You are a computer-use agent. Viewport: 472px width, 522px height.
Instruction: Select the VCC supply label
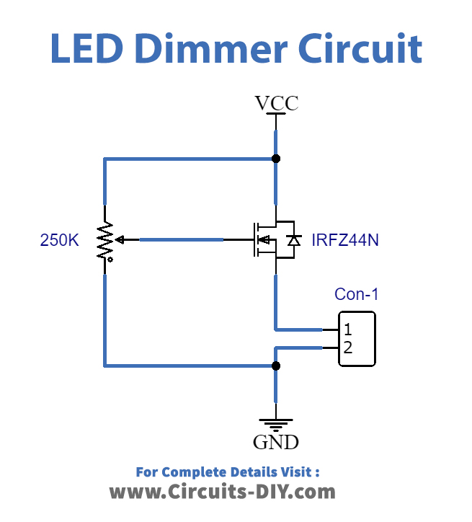point(277,104)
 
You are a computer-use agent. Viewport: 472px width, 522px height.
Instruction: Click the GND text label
point(276,442)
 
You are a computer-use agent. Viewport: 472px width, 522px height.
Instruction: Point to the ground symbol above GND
point(275,424)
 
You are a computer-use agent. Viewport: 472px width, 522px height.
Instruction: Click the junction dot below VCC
point(275,159)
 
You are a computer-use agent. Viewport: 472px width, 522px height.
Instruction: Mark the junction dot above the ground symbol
point(275,366)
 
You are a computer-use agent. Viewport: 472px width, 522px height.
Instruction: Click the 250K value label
point(60,241)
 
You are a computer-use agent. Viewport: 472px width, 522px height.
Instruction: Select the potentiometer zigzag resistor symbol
point(105,241)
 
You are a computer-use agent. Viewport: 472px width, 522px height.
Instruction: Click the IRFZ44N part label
point(345,241)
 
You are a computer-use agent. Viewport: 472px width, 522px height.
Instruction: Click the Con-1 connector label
point(356,294)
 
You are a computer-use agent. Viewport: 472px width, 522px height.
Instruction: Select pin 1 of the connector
point(347,330)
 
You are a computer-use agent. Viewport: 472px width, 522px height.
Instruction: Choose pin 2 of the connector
point(347,348)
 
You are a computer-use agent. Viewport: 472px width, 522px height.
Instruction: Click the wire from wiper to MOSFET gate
point(180,239)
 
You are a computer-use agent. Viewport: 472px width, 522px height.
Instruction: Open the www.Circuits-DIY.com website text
point(222,492)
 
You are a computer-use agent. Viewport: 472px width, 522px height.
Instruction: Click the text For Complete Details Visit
point(227,472)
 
